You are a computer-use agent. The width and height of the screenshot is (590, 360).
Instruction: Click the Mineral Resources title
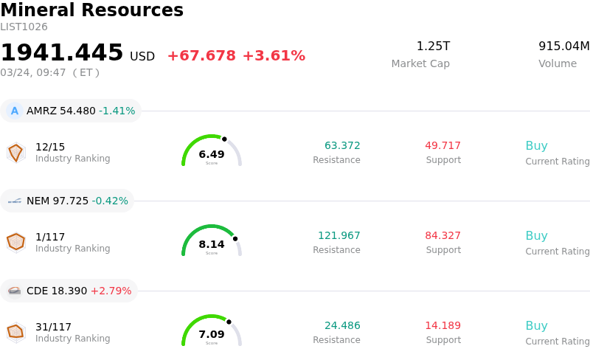(91, 10)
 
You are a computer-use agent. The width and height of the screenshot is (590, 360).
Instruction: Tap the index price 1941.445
(62, 52)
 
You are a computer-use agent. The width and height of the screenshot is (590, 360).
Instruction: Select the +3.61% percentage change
(274, 56)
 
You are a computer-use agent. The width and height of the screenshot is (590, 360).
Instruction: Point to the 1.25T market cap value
(433, 46)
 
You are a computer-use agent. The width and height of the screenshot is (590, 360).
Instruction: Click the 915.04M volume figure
(563, 46)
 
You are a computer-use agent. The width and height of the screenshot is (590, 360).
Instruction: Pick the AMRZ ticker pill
(71, 111)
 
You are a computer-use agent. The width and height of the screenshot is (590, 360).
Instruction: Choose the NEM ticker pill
(67, 201)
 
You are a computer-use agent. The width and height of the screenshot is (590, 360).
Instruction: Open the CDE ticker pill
(69, 291)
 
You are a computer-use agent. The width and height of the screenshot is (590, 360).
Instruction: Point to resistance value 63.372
(342, 145)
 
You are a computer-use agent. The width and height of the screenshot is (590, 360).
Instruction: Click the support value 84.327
(442, 235)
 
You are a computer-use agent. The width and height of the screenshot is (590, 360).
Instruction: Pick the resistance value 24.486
(342, 325)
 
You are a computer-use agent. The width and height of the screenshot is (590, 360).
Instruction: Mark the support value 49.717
(442, 145)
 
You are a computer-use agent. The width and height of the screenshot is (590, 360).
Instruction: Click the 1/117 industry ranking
(50, 237)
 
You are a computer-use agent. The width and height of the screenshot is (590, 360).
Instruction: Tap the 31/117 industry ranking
(53, 327)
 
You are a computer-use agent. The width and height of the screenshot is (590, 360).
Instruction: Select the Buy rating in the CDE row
(536, 325)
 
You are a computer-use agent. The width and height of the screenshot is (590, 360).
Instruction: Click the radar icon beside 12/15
(15, 152)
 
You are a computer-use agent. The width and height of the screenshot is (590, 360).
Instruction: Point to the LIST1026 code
(24, 27)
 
